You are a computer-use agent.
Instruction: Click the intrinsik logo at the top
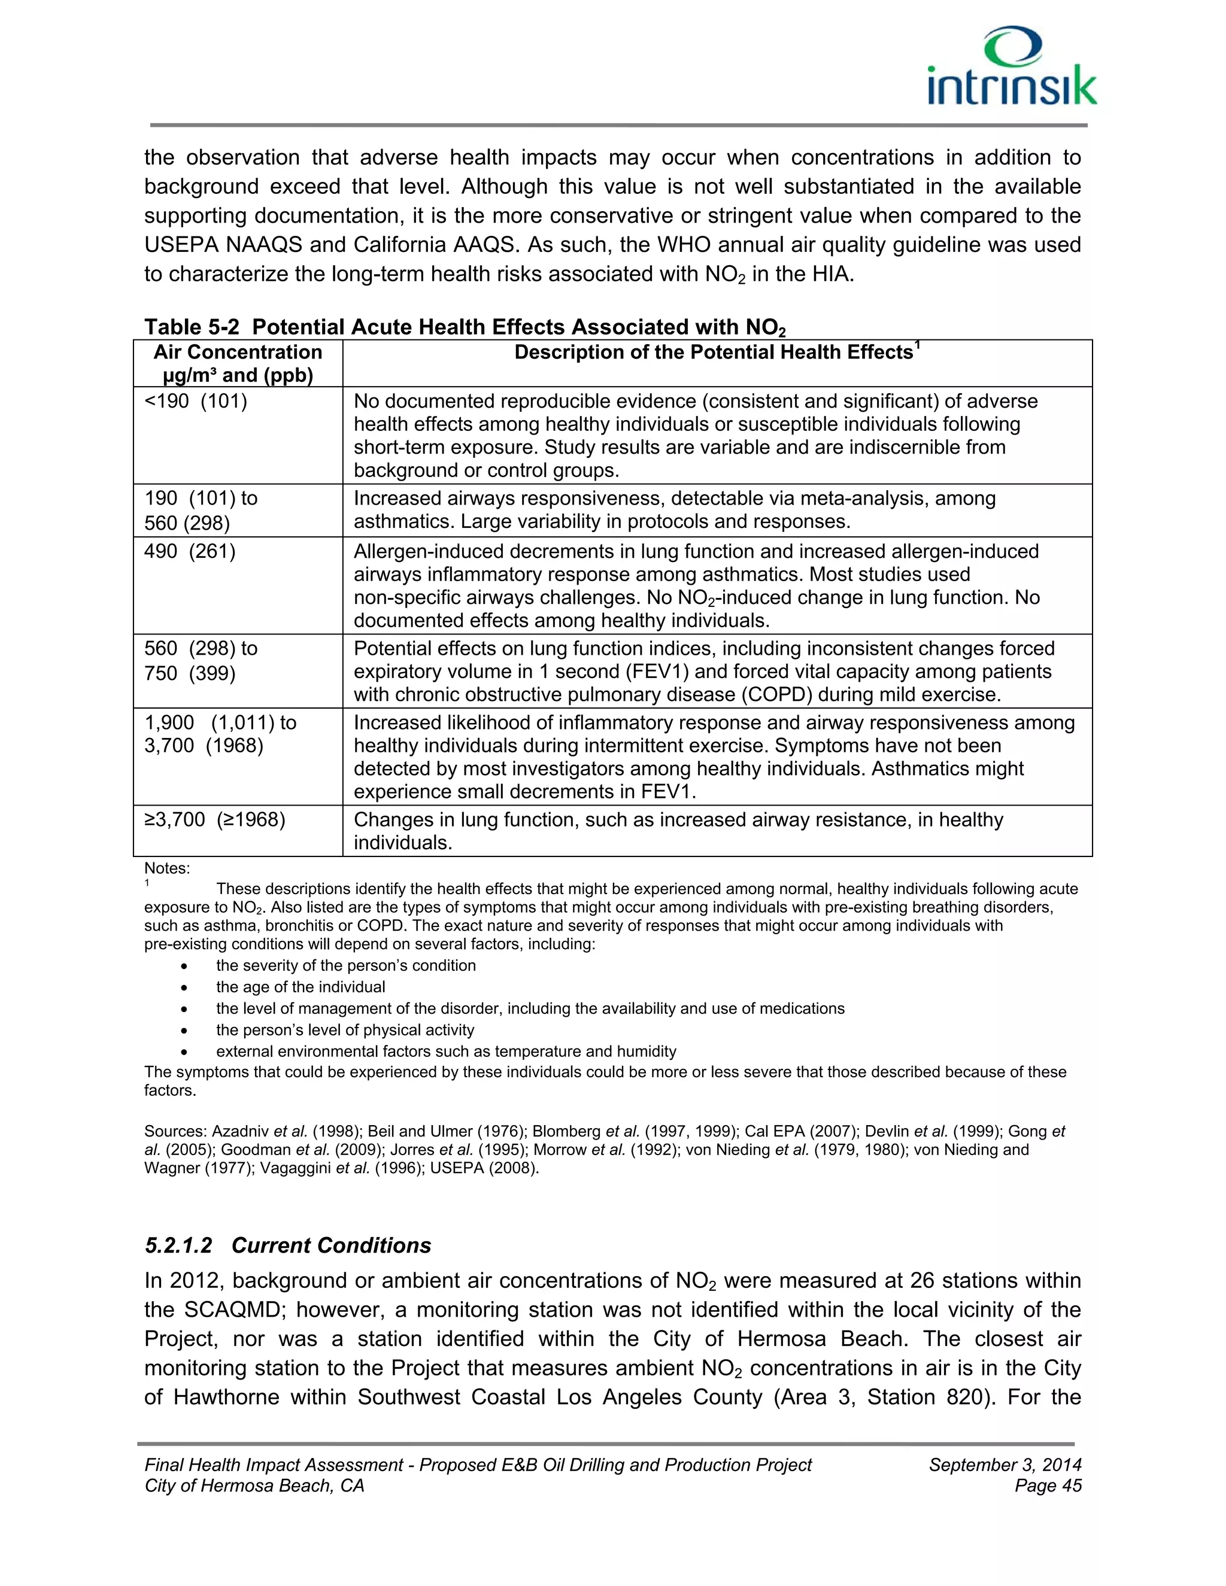coord(1012,67)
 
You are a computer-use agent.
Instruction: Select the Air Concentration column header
coord(238,363)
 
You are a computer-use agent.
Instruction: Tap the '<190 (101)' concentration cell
coord(196,402)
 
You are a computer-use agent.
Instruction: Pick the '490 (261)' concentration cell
coord(190,552)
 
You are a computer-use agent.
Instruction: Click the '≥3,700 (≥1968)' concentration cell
coord(215,820)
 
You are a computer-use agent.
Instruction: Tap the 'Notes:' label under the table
coord(167,868)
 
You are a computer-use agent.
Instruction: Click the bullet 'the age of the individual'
coord(300,987)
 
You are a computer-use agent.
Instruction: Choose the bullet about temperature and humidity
coord(445,1052)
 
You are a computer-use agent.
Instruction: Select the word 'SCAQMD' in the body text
coord(232,1310)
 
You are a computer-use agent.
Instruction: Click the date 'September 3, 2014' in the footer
coord(1005,1465)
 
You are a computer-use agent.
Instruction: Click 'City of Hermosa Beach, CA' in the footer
coord(254,1486)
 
